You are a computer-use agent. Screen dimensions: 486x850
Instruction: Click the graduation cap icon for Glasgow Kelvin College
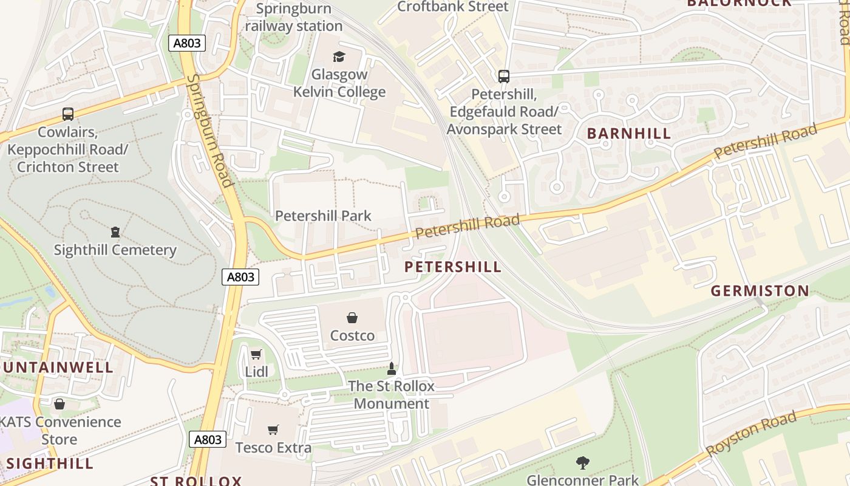(x=339, y=57)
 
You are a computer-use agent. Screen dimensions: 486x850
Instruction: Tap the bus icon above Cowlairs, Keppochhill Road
(x=68, y=114)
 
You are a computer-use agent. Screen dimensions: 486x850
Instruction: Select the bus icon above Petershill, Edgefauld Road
(x=503, y=77)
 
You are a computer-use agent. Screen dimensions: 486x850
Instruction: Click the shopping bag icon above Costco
(x=352, y=318)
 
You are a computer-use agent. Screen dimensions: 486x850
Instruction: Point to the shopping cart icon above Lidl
(x=256, y=354)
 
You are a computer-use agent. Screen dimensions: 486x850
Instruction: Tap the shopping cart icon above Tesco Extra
(x=273, y=430)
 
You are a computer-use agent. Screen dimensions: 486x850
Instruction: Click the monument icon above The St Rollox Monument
(x=392, y=368)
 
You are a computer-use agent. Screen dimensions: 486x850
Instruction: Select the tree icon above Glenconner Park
(x=582, y=463)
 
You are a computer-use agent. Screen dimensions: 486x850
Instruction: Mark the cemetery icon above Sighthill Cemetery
(x=115, y=232)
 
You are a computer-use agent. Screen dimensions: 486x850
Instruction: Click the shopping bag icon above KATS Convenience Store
(x=59, y=404)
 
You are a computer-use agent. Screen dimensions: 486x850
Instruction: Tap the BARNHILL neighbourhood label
(x=629, y=134)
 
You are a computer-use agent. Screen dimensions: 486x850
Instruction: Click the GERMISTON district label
(x=760, y=291)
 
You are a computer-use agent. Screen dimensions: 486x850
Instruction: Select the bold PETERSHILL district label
(x=453, y=267)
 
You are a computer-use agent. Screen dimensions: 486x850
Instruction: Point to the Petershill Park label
(x=323, y=216)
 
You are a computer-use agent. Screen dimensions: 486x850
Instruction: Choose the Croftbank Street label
(x=452, y=7)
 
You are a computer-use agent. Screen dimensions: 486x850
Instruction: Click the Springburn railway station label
(x=294, y=17)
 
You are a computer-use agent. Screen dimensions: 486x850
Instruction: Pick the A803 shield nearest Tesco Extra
(x=208, y=439)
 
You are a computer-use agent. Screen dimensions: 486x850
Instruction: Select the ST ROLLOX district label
(x=195, y=481)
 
